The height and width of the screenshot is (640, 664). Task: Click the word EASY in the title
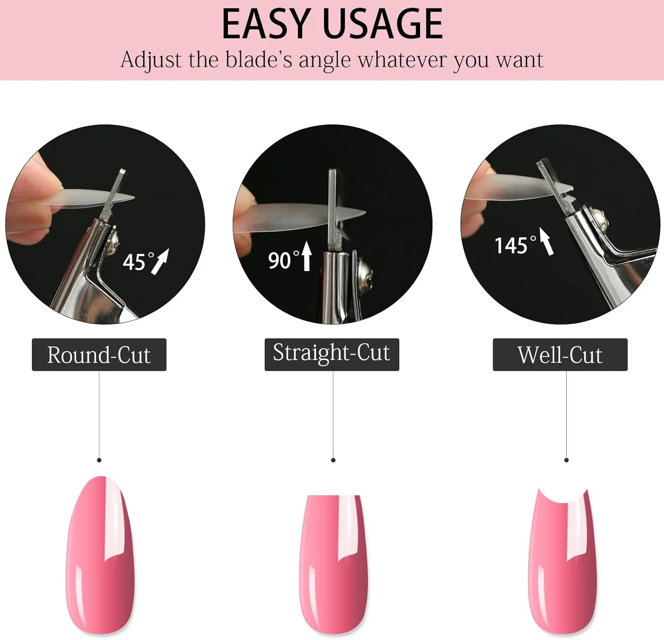pyautogui.click(x=265, y=24)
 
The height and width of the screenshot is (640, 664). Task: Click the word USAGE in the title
pyautogui.click(x=383, y=24)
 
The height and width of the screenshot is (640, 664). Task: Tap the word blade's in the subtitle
pyautogui.click(x=259, y=60)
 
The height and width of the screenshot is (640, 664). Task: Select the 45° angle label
pyautogui.click(x=139, y=262)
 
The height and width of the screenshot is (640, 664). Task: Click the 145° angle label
pyautogui.click(x=515, y=245)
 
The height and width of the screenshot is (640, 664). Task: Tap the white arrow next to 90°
pyautogui.click(x=306, y=255)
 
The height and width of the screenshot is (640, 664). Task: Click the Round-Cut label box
pyautogui.click(x=99, y=355)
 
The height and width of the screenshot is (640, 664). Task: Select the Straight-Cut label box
pyautogui.click(x=332, y=355)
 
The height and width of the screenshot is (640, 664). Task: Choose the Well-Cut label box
pyautogui.click(x=560, y=355)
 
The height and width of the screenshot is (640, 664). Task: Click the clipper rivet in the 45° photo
pyautogui.click(x=113, y=241)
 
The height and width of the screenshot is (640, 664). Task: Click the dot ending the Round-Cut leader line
pyautogui.click(x=99, y=460)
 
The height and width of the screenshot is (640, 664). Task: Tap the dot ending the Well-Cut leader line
pyautogui.click(x=566, y=460)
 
